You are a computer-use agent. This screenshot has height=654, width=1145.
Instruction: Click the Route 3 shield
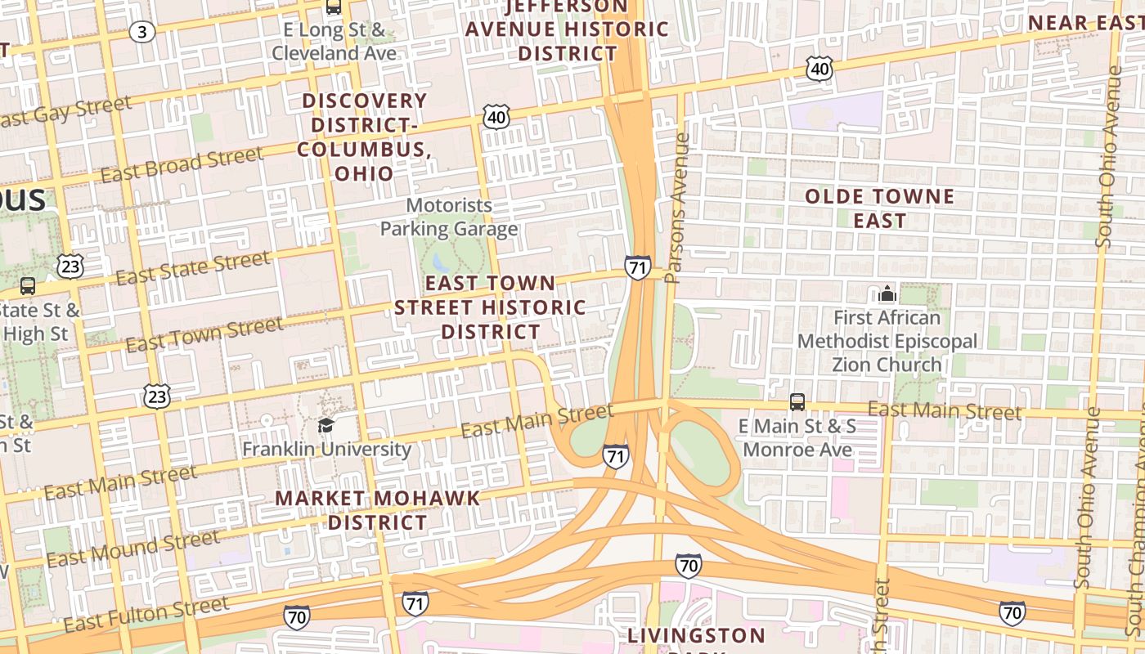pos(142,32)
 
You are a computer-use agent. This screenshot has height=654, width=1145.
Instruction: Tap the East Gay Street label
pos(65,111)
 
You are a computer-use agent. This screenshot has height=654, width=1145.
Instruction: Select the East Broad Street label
pos(182,164)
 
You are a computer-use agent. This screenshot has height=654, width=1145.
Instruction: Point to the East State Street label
pos(192,268)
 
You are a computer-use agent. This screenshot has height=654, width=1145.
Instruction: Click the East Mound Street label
pos(133,549)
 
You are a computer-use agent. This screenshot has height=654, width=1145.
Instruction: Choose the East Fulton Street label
pos(146,614)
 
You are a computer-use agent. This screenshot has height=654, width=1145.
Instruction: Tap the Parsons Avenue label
pos(678,208)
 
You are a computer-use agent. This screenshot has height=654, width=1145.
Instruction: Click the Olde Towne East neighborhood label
pos(879,208)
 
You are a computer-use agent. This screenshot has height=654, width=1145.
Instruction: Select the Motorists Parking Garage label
pos(449,217)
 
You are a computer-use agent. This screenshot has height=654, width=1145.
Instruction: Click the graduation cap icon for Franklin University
pos(326,426)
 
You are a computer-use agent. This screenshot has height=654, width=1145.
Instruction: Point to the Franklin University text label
pos(326,449)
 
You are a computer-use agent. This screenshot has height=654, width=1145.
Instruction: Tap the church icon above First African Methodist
pos(887,293)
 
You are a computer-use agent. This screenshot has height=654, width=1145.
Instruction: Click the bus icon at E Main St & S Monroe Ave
pos(797,402)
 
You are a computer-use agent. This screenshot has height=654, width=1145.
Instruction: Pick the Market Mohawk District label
pos(377,510)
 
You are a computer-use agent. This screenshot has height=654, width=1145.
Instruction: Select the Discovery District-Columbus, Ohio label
pos(364,137)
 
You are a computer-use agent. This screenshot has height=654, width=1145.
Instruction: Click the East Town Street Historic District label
pos(490,307)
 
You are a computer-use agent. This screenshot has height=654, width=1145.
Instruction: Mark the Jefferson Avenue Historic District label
pos(568,30)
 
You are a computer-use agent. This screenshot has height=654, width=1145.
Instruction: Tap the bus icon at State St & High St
pos(28,286)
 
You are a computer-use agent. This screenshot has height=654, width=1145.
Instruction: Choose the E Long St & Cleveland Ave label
pos(334,42)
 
